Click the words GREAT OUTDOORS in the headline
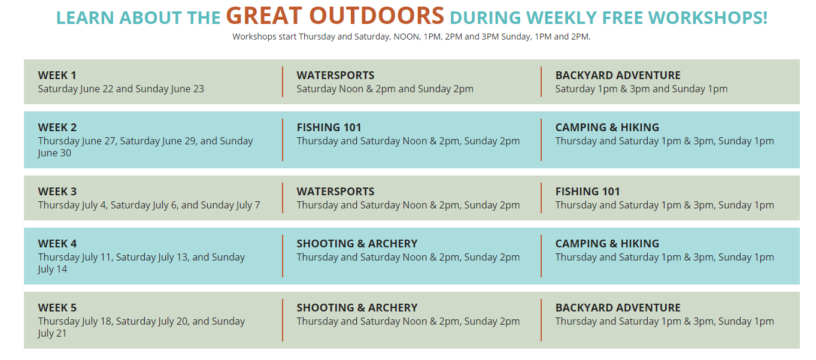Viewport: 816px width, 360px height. pos(335,16)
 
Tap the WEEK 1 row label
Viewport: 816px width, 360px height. pos(57,75)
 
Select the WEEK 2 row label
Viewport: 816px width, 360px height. pos(57,128)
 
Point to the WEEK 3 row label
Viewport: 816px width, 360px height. pos(57,192)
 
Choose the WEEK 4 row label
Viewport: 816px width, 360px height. pos(57,244)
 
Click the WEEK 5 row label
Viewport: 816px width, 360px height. pos(57,308)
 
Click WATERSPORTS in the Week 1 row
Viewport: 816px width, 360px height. pos(335,75)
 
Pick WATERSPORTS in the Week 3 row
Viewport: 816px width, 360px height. pos(335,192)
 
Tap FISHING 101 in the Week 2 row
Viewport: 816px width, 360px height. pos(329,128)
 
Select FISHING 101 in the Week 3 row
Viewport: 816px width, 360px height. pos(587,192)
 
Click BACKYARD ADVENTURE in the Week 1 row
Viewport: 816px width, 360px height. pos(618,75)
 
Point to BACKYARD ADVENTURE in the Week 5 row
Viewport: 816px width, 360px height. pos(618,308)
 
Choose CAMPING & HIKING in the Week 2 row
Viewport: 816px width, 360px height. pos(607,128)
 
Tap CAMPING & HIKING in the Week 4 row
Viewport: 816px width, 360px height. pos(607,244)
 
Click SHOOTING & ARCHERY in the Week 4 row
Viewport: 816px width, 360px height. pos(357,244)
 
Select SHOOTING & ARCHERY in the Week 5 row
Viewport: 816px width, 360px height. pos(357,308)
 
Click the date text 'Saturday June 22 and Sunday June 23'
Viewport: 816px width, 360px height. pos(121,89)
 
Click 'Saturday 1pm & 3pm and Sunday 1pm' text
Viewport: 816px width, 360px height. pos(641,89)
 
